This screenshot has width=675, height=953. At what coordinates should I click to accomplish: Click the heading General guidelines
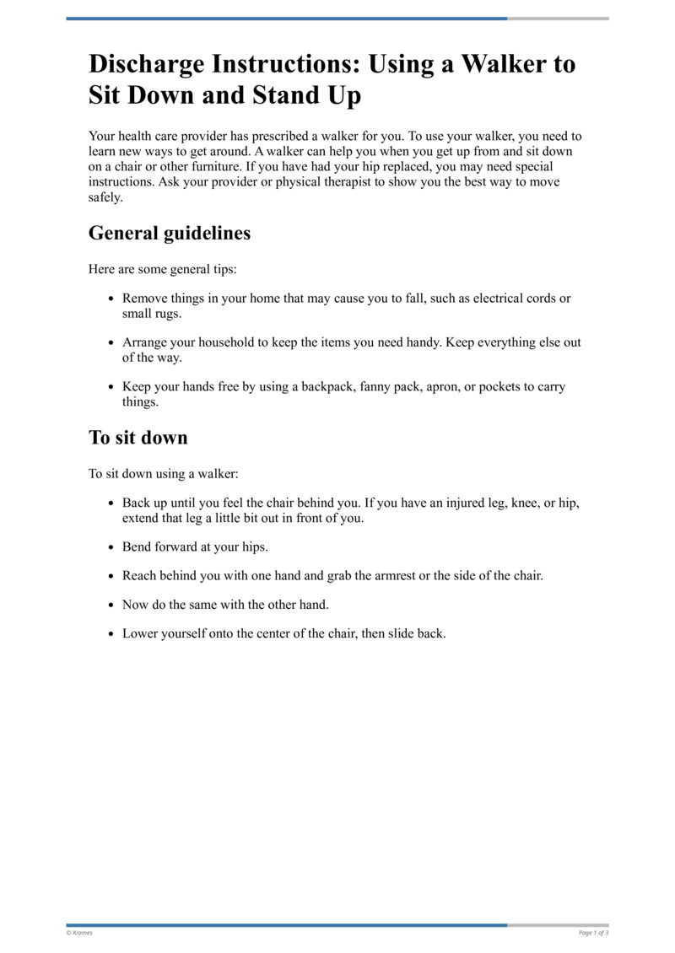[x=170, y=233]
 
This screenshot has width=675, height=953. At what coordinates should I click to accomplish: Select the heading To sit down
[x=138, y=438]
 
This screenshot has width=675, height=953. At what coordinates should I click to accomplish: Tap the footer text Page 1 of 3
[x=593, y=933]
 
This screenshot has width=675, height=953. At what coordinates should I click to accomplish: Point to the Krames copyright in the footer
[x=79, y=933]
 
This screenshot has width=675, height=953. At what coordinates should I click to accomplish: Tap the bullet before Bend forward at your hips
[x=112, y=547]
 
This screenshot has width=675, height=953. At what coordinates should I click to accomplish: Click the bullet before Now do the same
[x=112, y=606]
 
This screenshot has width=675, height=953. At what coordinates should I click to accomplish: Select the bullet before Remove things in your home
[x=112, y=299]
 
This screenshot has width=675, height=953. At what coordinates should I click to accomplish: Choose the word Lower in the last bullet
[x=140, y=633]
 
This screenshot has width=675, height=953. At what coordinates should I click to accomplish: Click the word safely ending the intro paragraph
[x=105, y=197]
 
